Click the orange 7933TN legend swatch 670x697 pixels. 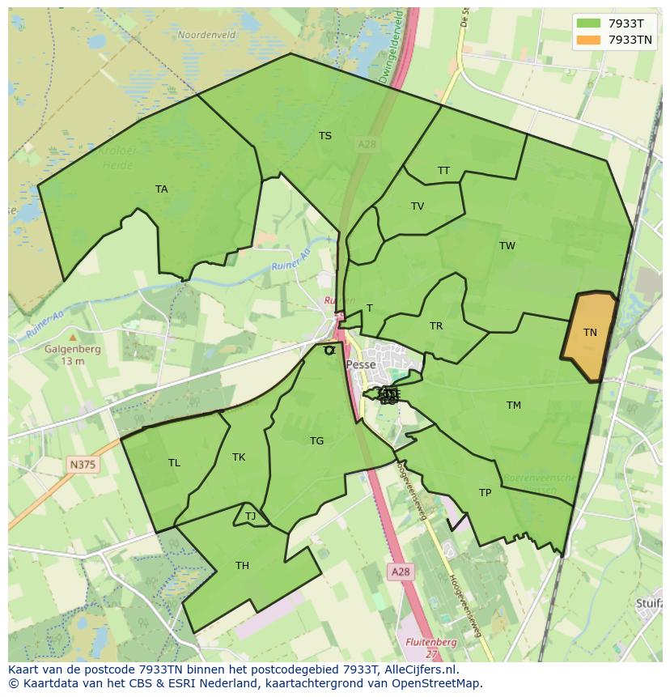588,40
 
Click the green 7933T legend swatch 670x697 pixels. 588,23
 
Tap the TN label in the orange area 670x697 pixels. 590,333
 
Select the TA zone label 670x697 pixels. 162,189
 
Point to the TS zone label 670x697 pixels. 325,136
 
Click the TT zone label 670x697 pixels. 443,171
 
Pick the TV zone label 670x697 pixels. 418,206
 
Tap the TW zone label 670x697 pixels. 507,246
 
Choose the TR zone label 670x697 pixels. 436,326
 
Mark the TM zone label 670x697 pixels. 514,406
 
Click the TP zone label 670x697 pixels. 485,493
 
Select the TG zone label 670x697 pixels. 316,441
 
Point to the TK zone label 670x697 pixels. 239,457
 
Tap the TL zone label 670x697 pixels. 174,463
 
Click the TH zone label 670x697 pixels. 242,566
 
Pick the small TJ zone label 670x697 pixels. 250,516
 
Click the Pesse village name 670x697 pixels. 361,365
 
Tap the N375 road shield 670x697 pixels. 82,464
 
